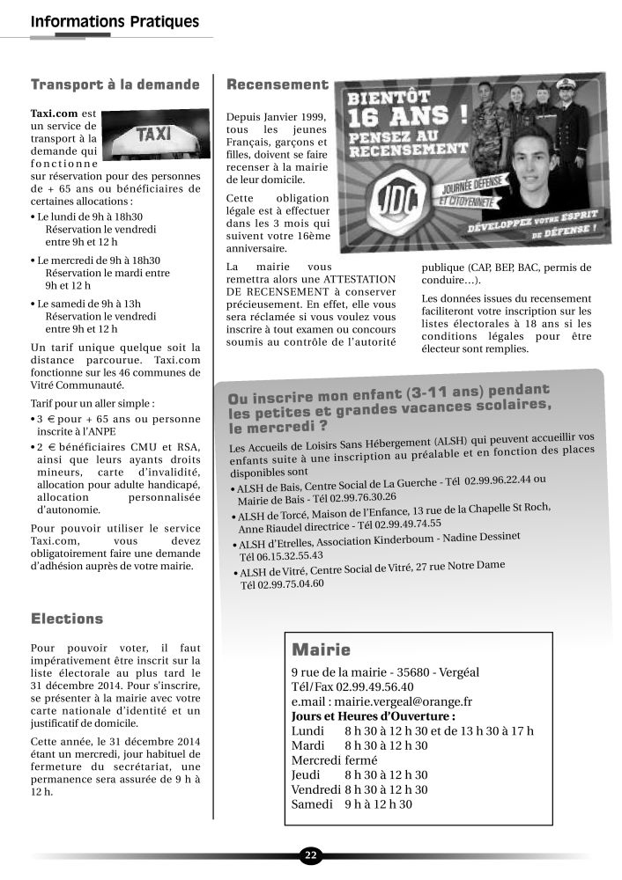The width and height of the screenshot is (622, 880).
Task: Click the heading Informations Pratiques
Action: click(115, 21)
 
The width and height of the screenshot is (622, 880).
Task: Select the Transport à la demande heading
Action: click(115, 85)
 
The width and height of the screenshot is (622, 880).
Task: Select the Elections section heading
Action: click(67, 619)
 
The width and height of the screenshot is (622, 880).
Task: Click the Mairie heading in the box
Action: click(321, 650)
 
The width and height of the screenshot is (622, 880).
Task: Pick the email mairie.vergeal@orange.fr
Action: click(381, 701)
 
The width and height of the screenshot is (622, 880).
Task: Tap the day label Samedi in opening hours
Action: click(312, 803)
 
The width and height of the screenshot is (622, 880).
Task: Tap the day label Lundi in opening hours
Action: click(307, 730)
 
